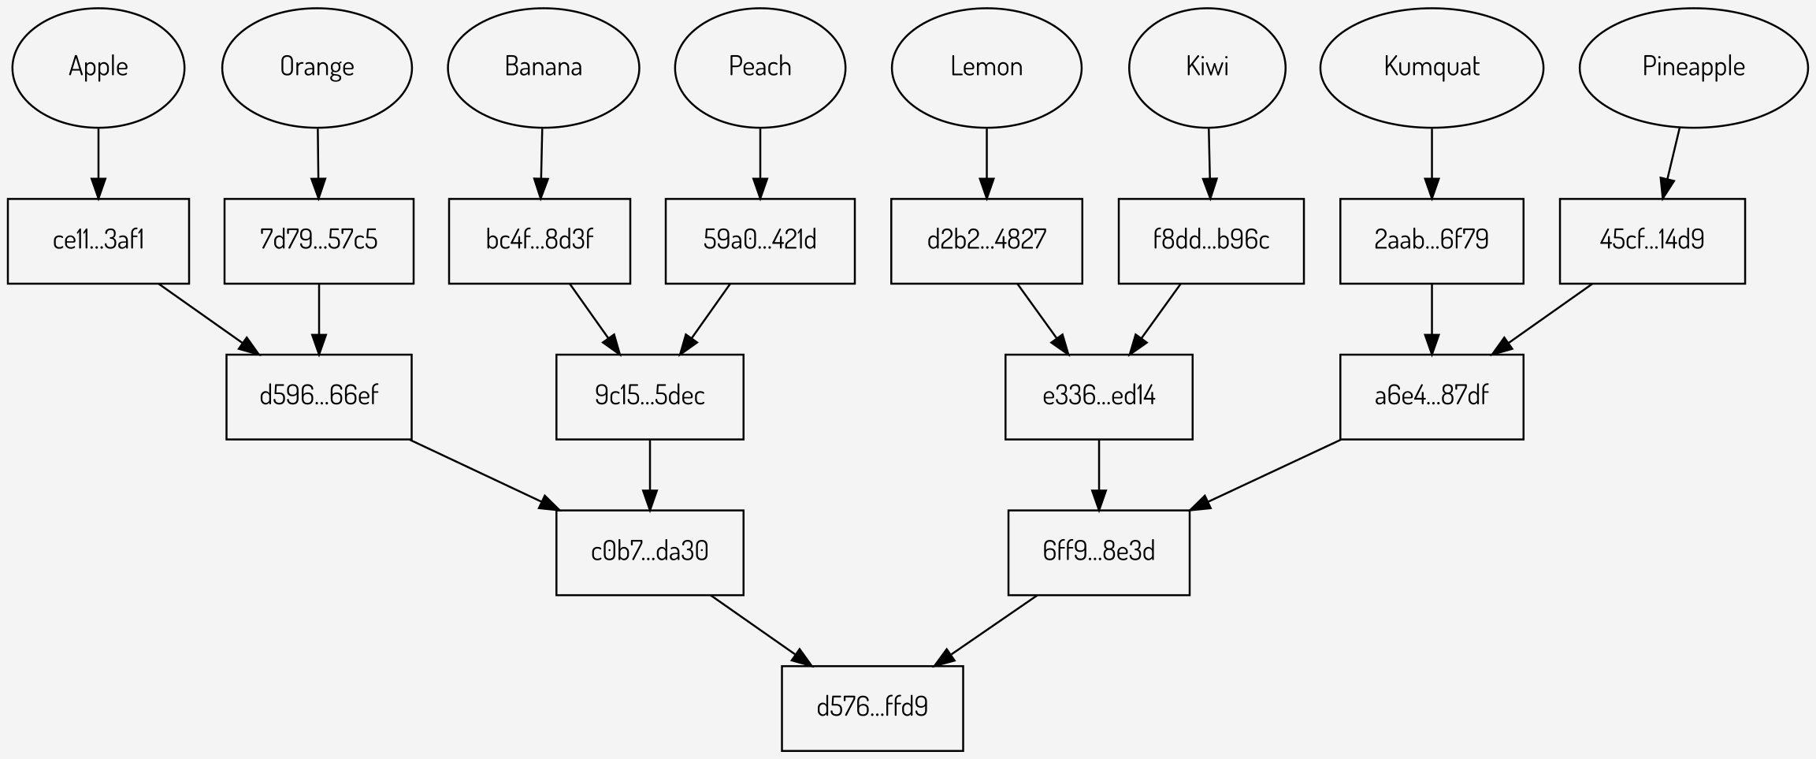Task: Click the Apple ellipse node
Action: (x=98, y=67)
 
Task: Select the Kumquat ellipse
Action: (x=1432, y=67)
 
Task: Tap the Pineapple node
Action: (x=1693, y=67)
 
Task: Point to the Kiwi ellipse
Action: (x=1207, y=67)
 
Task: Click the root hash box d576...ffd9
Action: (x=872, y=708)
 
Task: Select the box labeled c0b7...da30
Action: (x=649, y=552)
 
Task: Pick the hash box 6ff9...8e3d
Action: (x=1098, y=552)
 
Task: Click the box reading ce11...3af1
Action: (x=98, y=240)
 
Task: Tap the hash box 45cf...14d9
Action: (x=1652, y=240)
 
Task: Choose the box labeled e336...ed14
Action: (x=1098, y=396)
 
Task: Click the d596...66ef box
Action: (x=318, y=396)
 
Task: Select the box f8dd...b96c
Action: (x=1211, y=240)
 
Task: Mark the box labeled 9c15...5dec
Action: (x=649, y=396)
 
